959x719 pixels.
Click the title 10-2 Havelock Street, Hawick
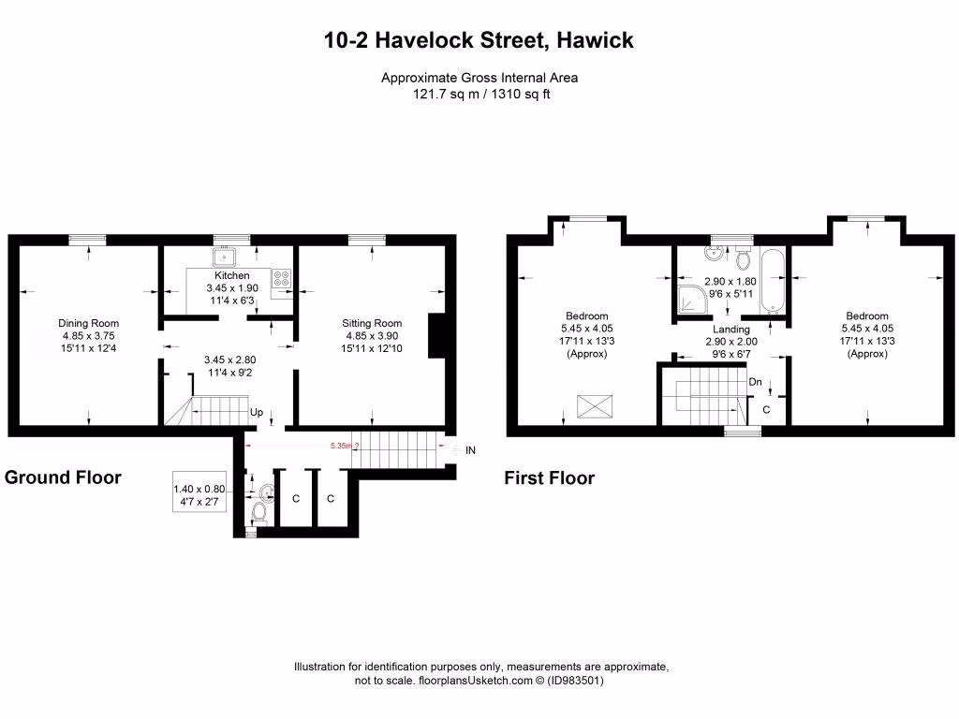[x=479, y=40]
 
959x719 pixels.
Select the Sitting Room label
[x=373, y=324]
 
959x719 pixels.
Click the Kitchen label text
[x=232, y=275]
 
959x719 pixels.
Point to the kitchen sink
[x=226, y=257]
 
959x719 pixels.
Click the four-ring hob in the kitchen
[x=281, y=278]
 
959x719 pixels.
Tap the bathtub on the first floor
[x=773, y=282]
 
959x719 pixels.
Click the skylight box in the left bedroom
[x=594, y=406]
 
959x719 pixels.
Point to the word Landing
[x=730, y=330]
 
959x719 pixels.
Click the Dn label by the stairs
[x=755, y=382]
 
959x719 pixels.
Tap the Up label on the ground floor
[x=256, y=412]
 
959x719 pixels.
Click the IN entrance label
[x=470, y=450]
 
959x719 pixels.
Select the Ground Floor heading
[x=63, y=477]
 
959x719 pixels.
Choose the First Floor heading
[x=549, y=478]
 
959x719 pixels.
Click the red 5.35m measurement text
[x=343, y=447]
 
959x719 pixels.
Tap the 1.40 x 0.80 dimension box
[x=199, y=494]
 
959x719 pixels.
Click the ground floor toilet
[x=259, y=512]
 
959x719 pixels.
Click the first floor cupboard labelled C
[x=766, y=410]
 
